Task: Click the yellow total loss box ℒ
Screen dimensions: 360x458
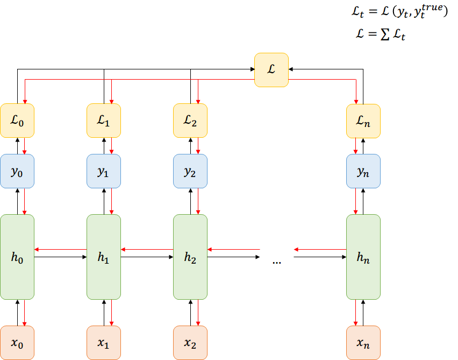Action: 271,69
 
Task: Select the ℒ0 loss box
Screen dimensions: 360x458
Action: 17,121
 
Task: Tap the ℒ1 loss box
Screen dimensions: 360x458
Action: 104,121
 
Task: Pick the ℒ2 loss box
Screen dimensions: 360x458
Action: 190,121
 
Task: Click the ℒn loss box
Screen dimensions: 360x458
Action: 363,121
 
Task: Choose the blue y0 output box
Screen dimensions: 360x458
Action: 17,171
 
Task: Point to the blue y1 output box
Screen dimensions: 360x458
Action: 104,171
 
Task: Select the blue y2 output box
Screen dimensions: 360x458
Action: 190,171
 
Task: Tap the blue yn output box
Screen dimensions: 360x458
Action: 363,171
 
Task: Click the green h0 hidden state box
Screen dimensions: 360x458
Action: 17,257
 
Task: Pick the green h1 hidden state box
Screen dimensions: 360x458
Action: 104,257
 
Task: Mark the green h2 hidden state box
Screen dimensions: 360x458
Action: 190,257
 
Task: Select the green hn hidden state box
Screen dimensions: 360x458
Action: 363,257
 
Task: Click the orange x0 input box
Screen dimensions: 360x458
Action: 17,343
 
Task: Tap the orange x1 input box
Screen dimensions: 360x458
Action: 104,343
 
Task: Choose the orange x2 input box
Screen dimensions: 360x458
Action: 190,343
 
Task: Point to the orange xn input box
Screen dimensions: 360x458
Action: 363,343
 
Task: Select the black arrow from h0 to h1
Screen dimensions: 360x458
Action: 60,257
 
